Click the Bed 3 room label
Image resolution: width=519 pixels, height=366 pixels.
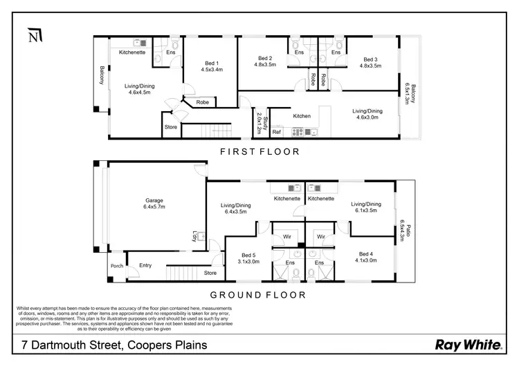point(370,62)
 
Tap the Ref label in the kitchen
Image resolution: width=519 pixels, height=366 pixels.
point(276,131)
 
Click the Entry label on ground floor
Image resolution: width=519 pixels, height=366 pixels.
point(145,265)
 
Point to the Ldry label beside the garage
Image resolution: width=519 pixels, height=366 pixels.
point(195,236)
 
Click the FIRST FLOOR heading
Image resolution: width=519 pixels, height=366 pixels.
point(259,151)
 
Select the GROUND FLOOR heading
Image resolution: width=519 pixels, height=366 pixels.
point(259,293)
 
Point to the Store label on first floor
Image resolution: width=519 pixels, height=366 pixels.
point(171,127)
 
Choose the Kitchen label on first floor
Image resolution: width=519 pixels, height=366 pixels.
point(301,116)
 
